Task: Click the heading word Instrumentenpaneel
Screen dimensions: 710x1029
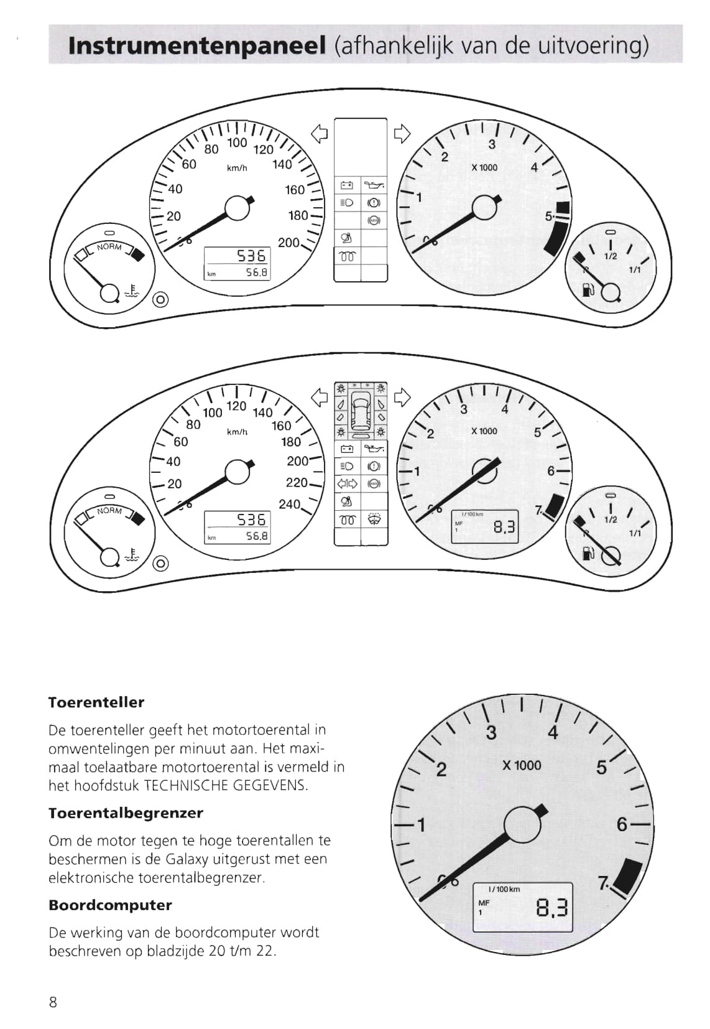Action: (x=197, y=46)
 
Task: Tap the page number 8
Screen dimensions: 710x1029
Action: (x=53, y=1002)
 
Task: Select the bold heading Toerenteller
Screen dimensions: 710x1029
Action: (x=96, y=702)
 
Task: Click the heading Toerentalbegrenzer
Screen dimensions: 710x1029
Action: (x=126, y=813)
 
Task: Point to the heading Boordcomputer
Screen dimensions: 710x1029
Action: (x=110, y=905)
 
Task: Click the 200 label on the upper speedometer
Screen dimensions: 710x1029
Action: (x=288, y=242)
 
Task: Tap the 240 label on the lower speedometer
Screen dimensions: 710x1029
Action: (x=290, y=504)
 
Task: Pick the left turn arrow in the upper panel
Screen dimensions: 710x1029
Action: (x=320, y=134)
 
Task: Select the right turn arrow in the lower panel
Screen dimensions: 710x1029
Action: (x=402, y=398)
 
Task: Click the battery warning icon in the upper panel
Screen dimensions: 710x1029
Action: (x=347, y=185)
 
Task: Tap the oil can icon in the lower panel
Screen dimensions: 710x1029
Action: (x=374, y=448)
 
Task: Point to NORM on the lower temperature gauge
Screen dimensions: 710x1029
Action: (x=109, y=510)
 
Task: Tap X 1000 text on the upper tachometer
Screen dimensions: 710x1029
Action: (x=484, y=168)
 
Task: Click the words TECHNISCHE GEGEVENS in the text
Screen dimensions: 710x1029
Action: (x=225, y=785)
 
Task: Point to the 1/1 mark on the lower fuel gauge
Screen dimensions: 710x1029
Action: (x=635, y=533)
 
